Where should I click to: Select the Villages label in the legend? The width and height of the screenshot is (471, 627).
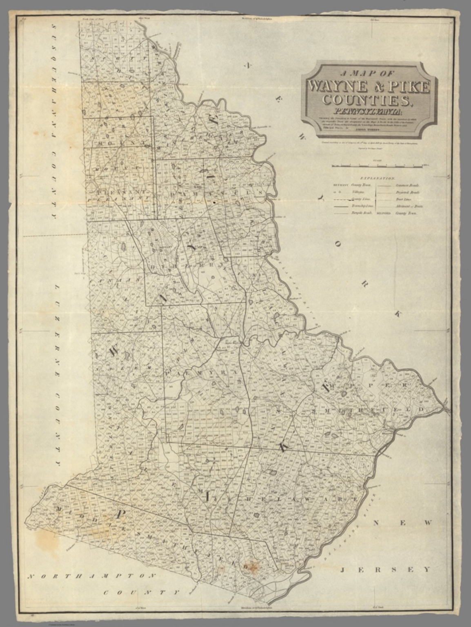click(x=358, y=192)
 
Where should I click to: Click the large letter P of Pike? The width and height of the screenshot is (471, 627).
click(x=118, y=514)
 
